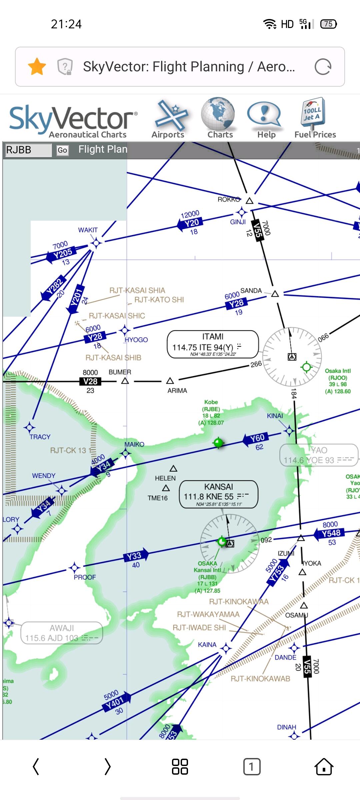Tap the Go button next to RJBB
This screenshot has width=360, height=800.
coord(62,150)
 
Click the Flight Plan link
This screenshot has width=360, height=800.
coord(103,149)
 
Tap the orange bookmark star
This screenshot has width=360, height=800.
coord(37,67)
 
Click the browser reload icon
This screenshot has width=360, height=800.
coord(323,67)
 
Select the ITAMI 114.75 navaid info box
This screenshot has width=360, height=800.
coord(213,344)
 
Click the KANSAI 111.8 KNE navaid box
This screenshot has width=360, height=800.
coord(219,494)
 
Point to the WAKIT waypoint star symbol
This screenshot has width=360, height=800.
coord(96,243)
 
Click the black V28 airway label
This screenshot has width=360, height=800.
coord(90,381)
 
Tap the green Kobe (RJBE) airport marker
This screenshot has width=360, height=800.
coord(218,443)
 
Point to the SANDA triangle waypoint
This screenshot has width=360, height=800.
coord(275,294)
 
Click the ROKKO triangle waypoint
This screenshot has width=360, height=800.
coord(250,201)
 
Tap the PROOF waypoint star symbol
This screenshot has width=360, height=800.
coord(74,567)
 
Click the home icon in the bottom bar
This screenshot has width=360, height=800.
coord(324,767)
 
